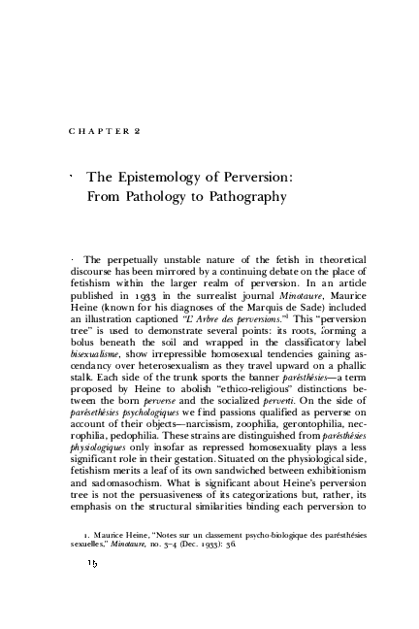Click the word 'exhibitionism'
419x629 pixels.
click(325, 485)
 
